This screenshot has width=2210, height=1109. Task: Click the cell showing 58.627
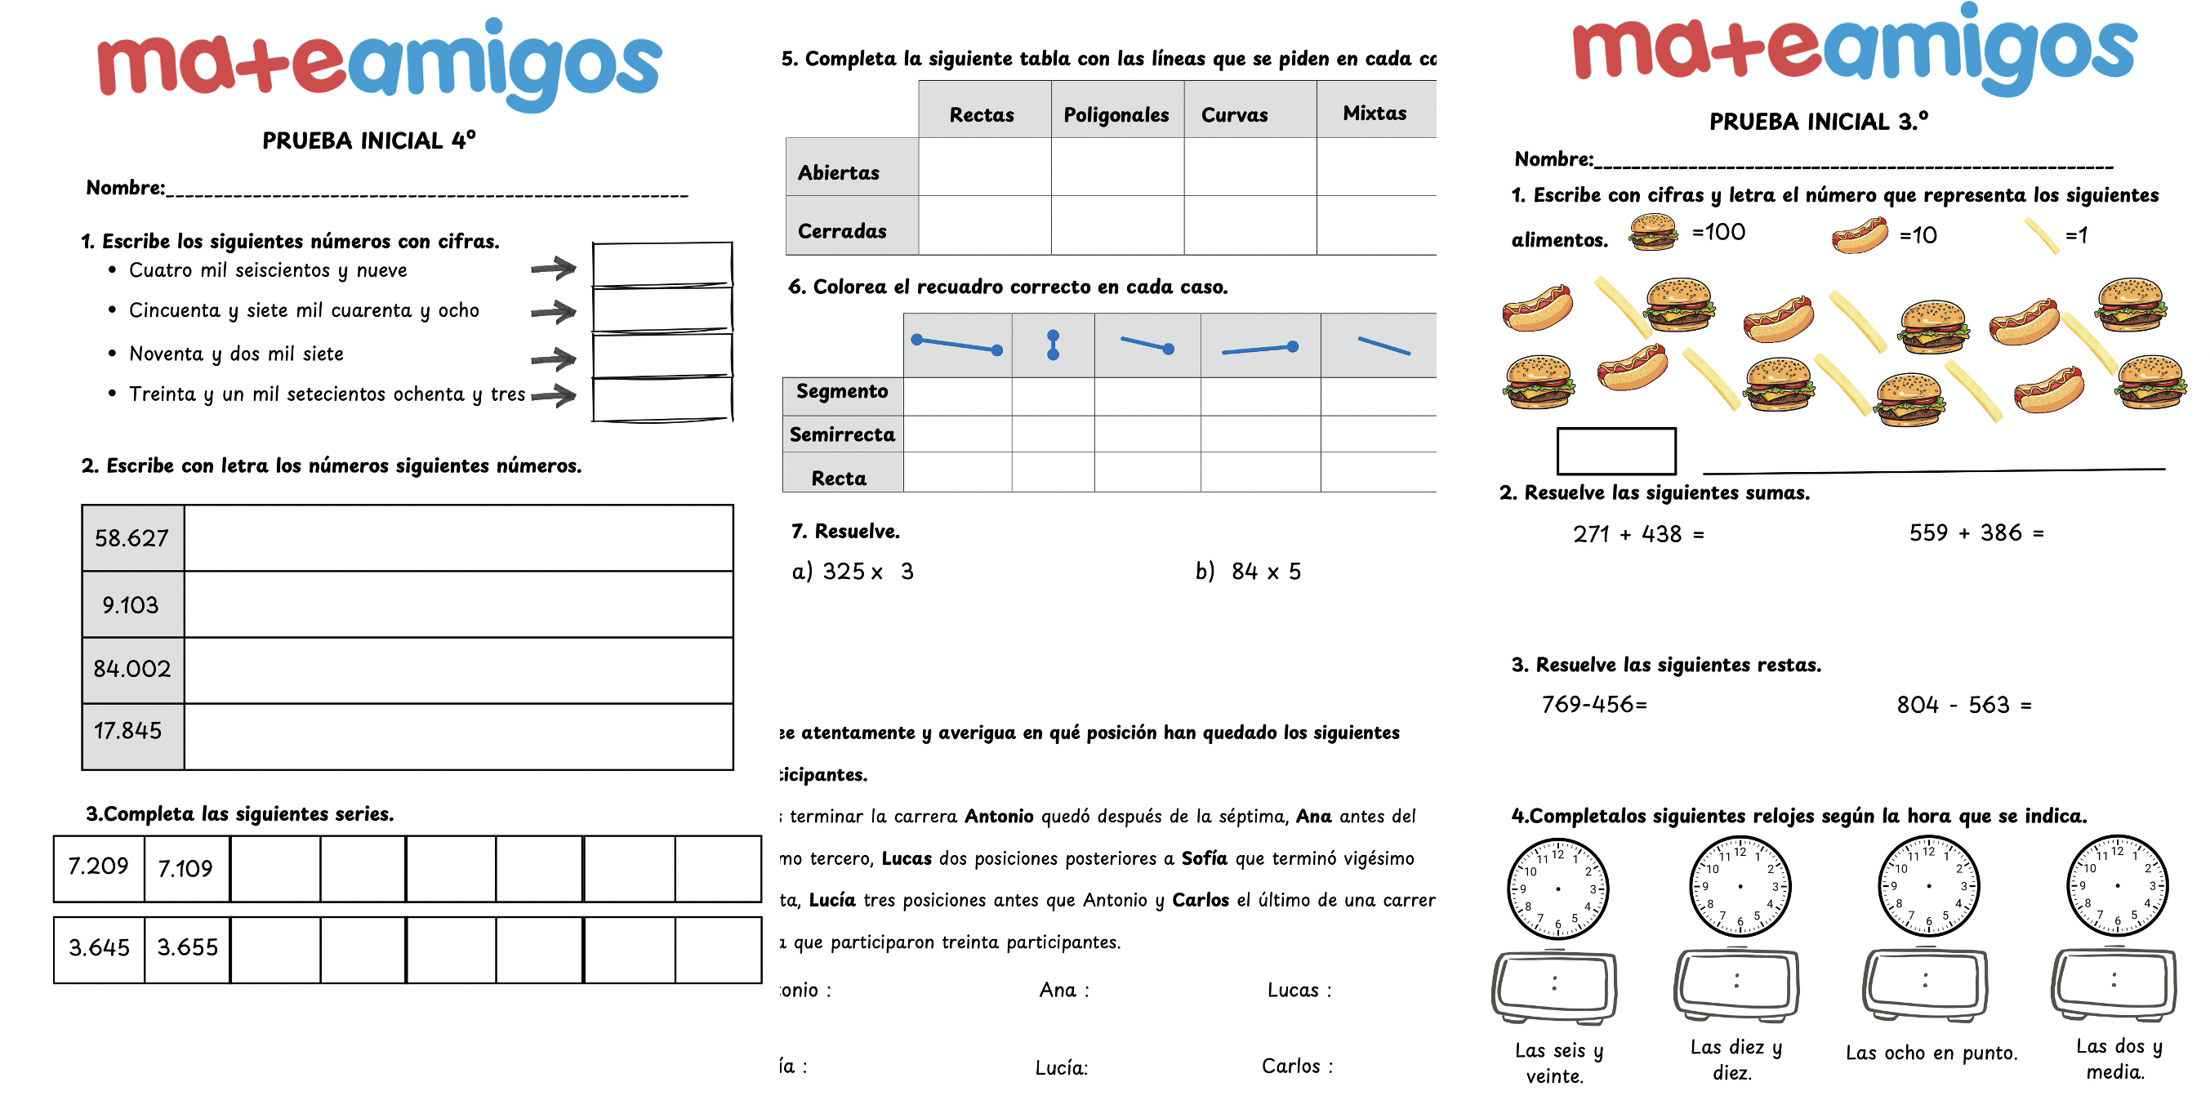coord(132,539)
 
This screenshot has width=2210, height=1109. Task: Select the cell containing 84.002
coord(132,669)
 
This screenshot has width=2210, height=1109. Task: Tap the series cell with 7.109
coord(185,869)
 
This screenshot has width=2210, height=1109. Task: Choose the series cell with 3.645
coord(99,948)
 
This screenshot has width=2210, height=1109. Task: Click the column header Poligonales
coord(1116,115)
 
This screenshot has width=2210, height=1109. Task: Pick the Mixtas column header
coord(1375,114)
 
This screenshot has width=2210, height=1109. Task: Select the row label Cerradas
coord(842,231)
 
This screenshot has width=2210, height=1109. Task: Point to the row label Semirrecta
coord(842,434)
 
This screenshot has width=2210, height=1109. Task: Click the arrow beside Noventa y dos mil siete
coord(554,359)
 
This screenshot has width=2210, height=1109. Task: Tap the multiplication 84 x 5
coord(1265,571)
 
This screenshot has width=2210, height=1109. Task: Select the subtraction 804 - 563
coord(1963,705)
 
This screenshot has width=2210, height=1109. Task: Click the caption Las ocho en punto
coord(1932,1053)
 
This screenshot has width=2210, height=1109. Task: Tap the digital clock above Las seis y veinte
coord(1553,986)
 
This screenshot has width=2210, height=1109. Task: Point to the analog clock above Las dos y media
coord(2116,886)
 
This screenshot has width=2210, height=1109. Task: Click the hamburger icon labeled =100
coord(1652,232)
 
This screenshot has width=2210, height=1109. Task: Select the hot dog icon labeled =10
coord(1859,234)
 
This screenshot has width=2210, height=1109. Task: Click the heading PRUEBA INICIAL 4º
coord(369,140)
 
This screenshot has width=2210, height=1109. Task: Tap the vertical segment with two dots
coord(1053,345)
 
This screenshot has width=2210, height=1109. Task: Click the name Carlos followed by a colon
coord(1296,1066)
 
